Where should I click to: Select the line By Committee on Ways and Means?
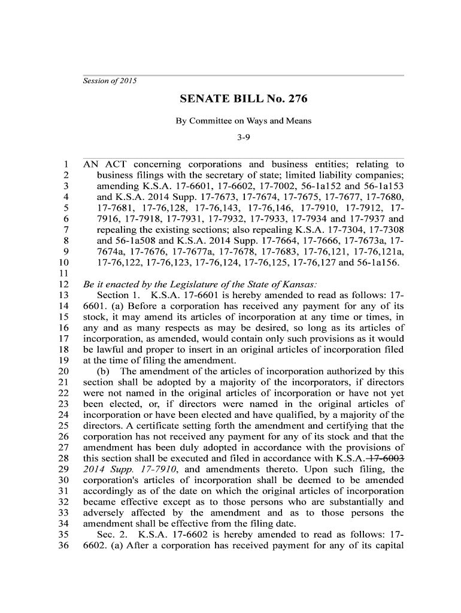pyautogui.click(x=243, y=121)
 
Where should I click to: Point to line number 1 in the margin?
pyautogui.click(x=68, y=165)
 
